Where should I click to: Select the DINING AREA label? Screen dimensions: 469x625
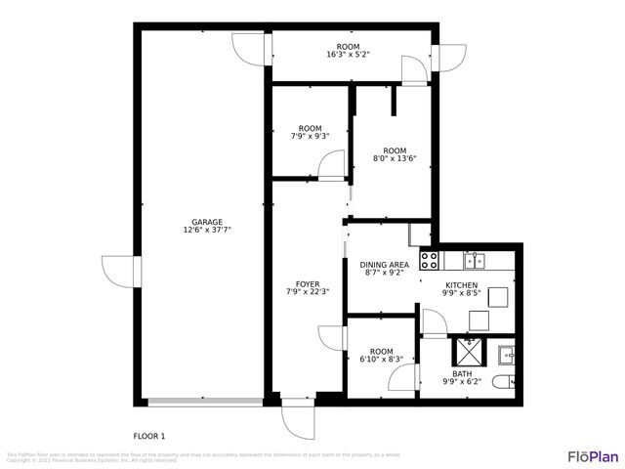tap(384, 265)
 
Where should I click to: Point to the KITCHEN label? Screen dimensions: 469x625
tap(462, 284)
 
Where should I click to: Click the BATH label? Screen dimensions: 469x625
tap(462, 373)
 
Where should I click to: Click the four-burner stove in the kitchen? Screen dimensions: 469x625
tap(429, 260)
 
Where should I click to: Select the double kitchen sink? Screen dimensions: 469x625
tap(475, 260)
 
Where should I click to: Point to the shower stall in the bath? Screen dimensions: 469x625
tap(467, 351)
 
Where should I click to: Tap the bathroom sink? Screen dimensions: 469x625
tap(507, 352)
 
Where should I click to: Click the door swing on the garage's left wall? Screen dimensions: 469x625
tap(117, 270)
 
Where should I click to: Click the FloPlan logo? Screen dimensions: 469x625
tap(593, 455)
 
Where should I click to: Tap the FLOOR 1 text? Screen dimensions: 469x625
tap(149, 436)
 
